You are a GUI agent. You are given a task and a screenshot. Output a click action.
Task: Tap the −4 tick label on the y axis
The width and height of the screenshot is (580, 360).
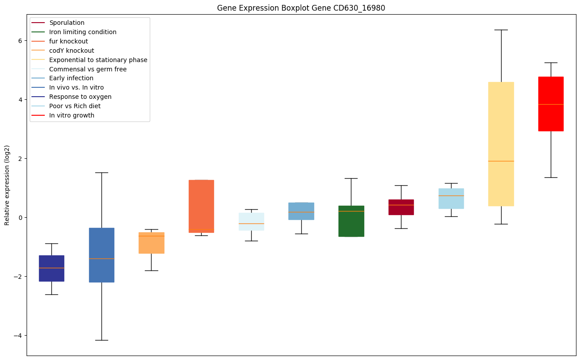18,336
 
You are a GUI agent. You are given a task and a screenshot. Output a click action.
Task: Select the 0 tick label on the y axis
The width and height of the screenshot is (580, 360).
20,218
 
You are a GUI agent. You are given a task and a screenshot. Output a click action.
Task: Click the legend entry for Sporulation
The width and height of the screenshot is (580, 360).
67,23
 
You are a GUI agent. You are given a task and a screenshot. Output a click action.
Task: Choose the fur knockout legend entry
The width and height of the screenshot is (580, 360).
69,41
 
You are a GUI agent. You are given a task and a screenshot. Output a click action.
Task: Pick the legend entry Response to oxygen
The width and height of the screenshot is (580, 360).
80,97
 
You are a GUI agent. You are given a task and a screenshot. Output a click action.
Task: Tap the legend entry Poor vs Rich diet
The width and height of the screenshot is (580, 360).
75,106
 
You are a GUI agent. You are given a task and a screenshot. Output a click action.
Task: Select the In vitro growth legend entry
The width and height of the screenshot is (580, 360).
72,115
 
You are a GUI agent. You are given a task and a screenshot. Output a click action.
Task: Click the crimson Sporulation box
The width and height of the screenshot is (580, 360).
401,207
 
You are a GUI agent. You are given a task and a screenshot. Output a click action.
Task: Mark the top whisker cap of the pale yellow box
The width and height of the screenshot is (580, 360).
501,30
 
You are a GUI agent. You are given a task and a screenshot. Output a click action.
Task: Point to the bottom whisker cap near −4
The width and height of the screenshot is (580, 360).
101,340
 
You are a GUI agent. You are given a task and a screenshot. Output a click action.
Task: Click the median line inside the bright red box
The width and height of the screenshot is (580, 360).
551,104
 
